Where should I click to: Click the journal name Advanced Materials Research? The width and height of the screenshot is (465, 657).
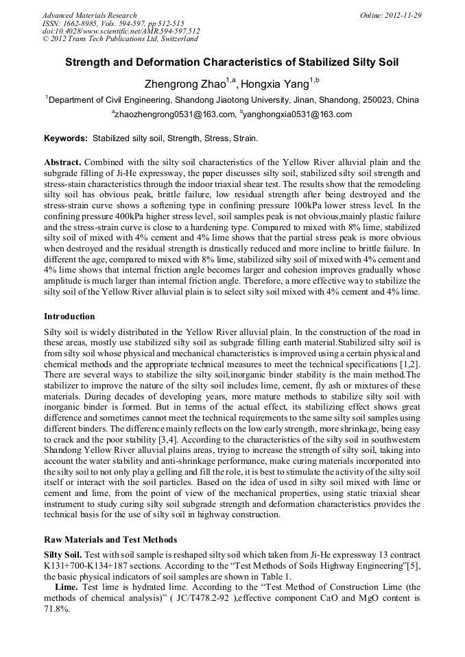pyautogui.click(x=89, y=15)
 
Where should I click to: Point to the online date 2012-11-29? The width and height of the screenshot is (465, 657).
pyautogui.click(x=403, y=15)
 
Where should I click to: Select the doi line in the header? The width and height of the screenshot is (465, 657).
pyautogui.click(x=121, y=31)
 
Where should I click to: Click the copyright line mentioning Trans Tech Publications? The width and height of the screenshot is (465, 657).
pyautogui.click(x=120, y=39)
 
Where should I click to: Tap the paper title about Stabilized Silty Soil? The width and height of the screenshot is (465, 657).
pyautogui.click(x=232, y=62)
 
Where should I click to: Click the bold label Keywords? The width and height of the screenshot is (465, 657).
pyautogui.click(x=66, y=138)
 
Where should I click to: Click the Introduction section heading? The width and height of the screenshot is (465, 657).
pyautogui.click(x=69, y=317)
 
